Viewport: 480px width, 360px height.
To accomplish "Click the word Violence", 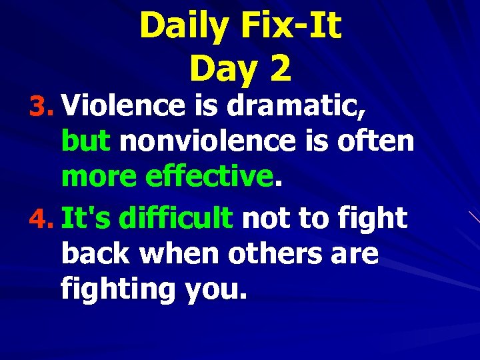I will coord(125,105).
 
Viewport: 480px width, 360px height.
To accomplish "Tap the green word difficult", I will coord(179,218).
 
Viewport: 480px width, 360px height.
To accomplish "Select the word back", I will coord(99,254).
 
